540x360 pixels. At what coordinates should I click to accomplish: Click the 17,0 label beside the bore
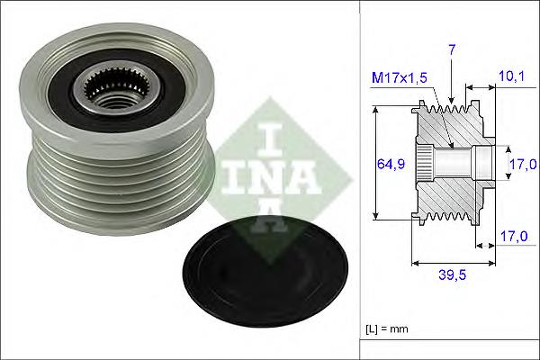(x=522, y=164)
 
